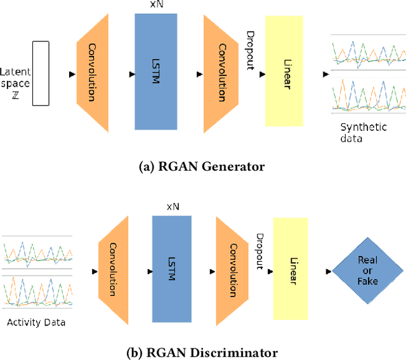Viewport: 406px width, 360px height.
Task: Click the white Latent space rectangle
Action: (41, 73)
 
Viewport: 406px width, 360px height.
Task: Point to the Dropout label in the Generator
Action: (251, 50)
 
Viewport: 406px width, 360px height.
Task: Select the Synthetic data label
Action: (363, 132)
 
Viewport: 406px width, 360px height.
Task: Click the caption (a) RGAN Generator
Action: (202, 166)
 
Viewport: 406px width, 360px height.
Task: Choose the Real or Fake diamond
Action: (367, 271)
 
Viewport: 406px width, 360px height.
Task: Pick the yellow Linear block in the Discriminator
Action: (291, 269)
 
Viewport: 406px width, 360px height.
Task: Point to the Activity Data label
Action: (36, 322)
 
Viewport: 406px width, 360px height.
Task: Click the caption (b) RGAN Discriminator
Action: (202, 352)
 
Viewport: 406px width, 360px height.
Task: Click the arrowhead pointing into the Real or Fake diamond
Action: (328, 272)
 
